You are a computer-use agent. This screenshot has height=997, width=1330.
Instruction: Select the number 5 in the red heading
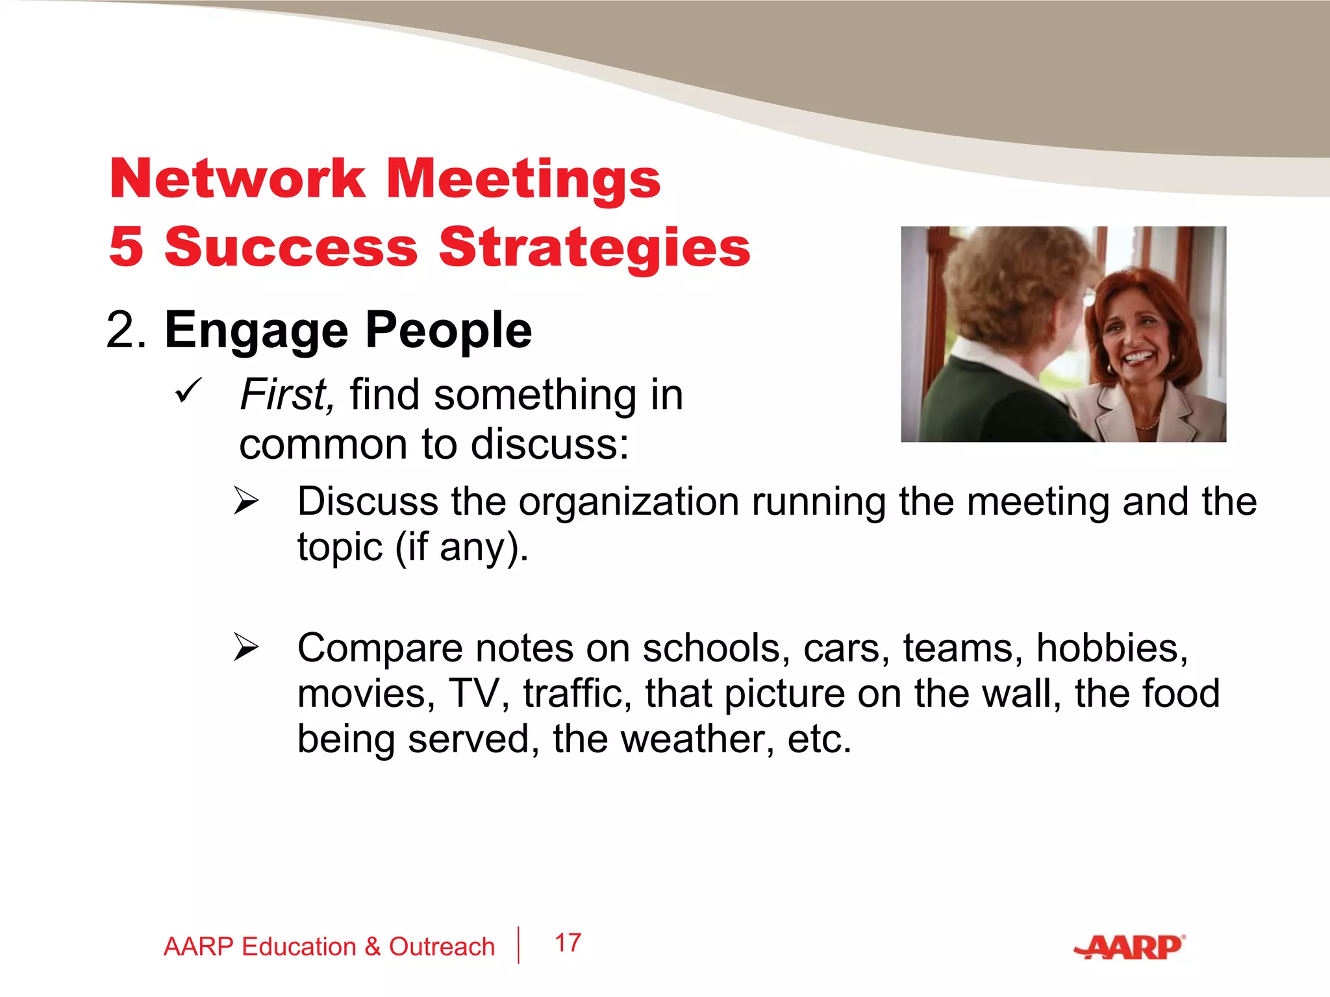coord(127,247)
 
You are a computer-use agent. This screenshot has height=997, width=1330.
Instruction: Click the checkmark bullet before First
coord(189,391)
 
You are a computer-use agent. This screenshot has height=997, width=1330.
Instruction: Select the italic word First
coord(286,395)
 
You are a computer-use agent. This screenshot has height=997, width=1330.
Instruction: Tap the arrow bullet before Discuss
coord(247,501)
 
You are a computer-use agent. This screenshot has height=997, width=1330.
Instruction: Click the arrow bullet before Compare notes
coord(247,647)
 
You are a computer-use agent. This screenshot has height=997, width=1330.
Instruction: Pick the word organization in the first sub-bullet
coord(629,502)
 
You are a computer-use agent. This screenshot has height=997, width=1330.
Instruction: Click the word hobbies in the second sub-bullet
coord(1111,648)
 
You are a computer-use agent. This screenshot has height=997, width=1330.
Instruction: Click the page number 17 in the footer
coord(568,943)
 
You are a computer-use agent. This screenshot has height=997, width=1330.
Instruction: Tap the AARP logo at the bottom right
coord(1130,948)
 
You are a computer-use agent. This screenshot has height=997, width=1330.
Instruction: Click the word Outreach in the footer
coord(442,947)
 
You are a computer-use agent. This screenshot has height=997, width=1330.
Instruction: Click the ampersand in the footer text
coord(372,947)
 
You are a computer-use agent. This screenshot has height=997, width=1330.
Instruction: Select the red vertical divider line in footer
coord(519,945)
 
